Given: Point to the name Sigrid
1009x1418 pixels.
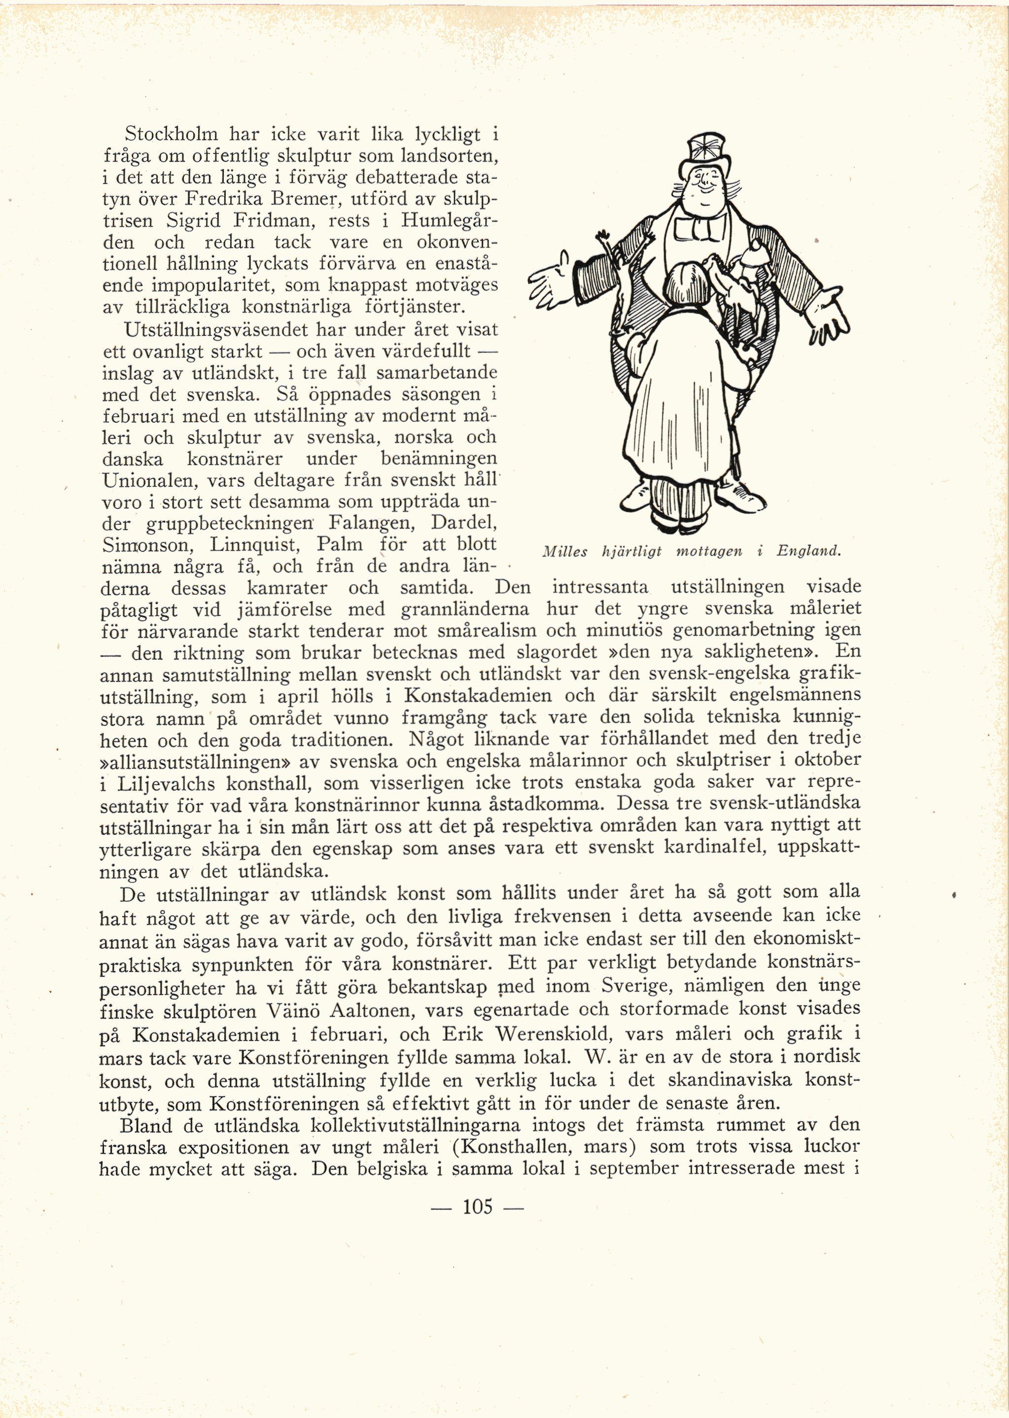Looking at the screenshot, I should tap(198, 222).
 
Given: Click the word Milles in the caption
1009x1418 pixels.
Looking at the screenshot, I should tap(565, 552).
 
